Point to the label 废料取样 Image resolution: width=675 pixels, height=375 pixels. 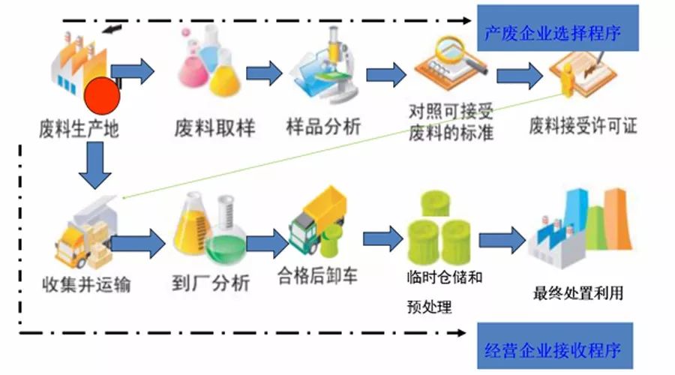click(214, 128)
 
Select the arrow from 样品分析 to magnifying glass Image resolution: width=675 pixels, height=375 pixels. click(385, 75)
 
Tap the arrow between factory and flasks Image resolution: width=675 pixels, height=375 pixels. click(135, 72)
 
